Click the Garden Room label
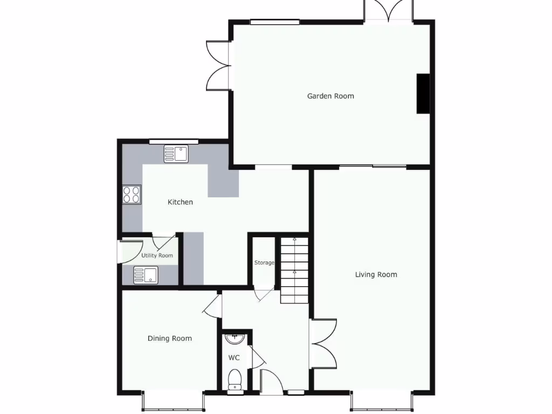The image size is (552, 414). click(x=330, y=96)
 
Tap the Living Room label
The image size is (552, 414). click(x=376, y=274)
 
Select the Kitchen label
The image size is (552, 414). click(x=180, y=202)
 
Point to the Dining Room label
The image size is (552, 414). click(x=170, y=339)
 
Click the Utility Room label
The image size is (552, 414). click(x=157, y=256)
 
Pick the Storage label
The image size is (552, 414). click(x=264, y=263)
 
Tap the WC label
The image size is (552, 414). click(x=234, y=357)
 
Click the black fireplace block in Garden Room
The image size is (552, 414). click(x=423, y=93)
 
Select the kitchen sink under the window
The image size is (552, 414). click(x=175, y=154)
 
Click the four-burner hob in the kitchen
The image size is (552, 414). click(x=132, y=194)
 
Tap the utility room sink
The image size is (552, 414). click(x=146, y=275)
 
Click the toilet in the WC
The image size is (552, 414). click(x=234, y=378)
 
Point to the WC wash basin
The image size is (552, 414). click(x=235, y=339)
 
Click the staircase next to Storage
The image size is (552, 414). click(x=294, y=270)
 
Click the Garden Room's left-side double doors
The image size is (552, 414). click(x=218, y=66)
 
